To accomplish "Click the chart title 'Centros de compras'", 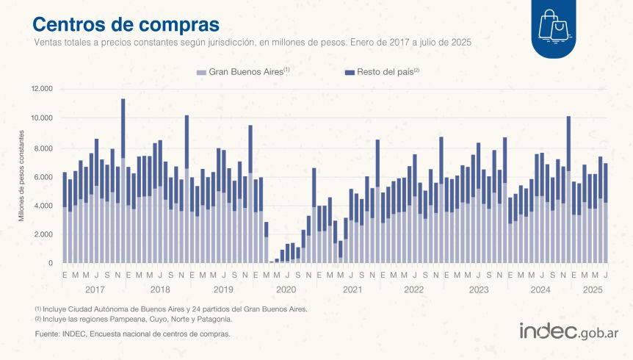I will point(126,24).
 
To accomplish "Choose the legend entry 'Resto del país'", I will point(383,72).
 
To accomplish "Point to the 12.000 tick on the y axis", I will point(41,89).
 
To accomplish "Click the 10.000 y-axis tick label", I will point(41,118).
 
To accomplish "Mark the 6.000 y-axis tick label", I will point(43,177).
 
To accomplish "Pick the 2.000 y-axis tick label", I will point(43,234).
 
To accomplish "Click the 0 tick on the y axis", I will point(51,264).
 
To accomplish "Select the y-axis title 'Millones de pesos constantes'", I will point(21,176).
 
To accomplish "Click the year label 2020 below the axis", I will point(286,289).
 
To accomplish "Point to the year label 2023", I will point(478,289).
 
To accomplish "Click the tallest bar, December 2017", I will point(123,181).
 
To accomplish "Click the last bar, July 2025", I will point(606,213).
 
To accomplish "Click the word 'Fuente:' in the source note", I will point(46,334).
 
